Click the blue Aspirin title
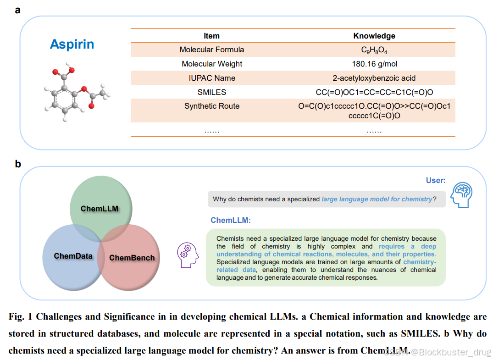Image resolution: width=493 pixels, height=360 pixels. [72, 44]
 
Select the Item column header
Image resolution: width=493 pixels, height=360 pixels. [211, 36]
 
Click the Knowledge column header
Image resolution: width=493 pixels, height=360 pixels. [374, 36]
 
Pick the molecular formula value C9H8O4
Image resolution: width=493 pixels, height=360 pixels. [374, 50]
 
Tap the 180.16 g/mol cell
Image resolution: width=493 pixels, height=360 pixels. [374, 64]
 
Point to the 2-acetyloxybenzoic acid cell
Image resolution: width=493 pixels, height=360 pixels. [374, 78]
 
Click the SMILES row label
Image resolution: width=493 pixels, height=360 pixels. [211, 92]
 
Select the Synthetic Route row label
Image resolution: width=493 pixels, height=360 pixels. [211, 106]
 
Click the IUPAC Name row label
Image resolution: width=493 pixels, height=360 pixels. [211, 78]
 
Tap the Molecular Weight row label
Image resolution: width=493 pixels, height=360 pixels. [211, 64]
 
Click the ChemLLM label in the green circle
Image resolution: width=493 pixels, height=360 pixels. [100, 209]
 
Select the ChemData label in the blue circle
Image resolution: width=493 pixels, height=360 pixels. [73, 256]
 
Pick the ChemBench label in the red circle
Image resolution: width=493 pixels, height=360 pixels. [132, 258]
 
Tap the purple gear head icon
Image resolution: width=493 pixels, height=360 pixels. [188, 254]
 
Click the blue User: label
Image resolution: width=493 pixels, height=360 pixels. [435, 181]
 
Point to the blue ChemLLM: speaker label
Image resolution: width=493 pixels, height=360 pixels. [231, 221]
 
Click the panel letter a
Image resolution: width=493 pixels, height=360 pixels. [18, 10]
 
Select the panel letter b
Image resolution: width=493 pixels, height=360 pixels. [18, 164]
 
